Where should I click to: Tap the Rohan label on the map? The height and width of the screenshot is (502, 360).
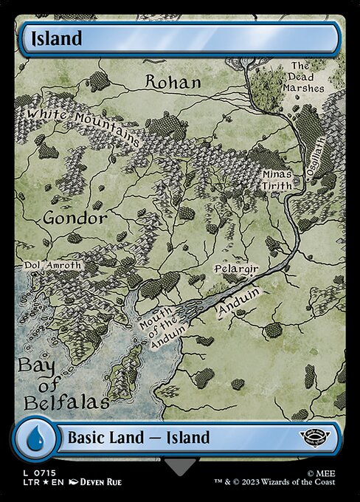173,82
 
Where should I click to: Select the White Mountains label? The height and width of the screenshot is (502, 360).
83,126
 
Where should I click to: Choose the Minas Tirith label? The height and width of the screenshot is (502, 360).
277,180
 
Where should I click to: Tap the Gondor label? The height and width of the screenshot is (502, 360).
75,219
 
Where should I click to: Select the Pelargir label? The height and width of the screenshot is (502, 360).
235,270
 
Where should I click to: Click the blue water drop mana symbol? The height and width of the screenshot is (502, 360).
35,437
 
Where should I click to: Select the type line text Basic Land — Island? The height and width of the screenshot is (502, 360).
139,438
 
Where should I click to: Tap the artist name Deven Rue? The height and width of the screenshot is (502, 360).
94,482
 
